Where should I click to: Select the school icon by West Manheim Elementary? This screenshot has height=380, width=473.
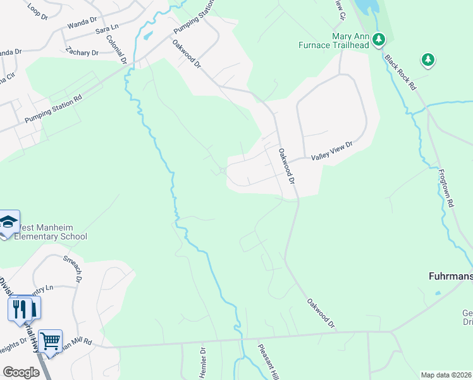(x=8, y=222)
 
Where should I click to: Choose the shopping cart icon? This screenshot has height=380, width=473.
(x=50, y=342)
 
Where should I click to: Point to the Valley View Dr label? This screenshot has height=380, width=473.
(x=331, y=151)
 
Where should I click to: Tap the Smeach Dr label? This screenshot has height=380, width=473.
(x=73, y=268)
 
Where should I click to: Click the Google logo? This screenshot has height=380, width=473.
(x=21, y=372)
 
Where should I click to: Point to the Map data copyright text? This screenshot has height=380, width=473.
(x=446, y=375)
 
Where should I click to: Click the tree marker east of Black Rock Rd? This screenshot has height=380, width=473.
(x=428, y=60)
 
